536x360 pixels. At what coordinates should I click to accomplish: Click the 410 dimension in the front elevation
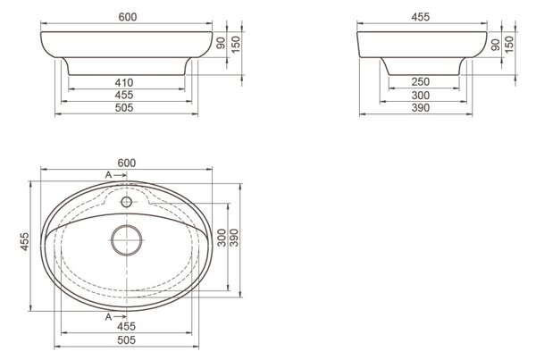[x=124, y=83]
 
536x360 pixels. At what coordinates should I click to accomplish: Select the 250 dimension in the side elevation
[x=421, y=82]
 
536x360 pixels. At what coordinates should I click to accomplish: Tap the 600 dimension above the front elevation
[x=128, y=17]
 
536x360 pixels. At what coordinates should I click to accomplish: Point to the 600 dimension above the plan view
[x=127, y=163]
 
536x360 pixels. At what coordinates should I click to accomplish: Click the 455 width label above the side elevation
[x=421, y=17]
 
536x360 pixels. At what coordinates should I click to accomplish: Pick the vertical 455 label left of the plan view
[x=25, y=242]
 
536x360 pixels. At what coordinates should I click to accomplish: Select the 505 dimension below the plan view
[x=127, y=339]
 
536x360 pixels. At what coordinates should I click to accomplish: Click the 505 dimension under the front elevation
[x=124, y=108]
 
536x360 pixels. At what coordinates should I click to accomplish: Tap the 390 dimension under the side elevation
[x=421, y=108]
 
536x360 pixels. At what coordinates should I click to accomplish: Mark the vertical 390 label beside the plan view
[x=234, y=238]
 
